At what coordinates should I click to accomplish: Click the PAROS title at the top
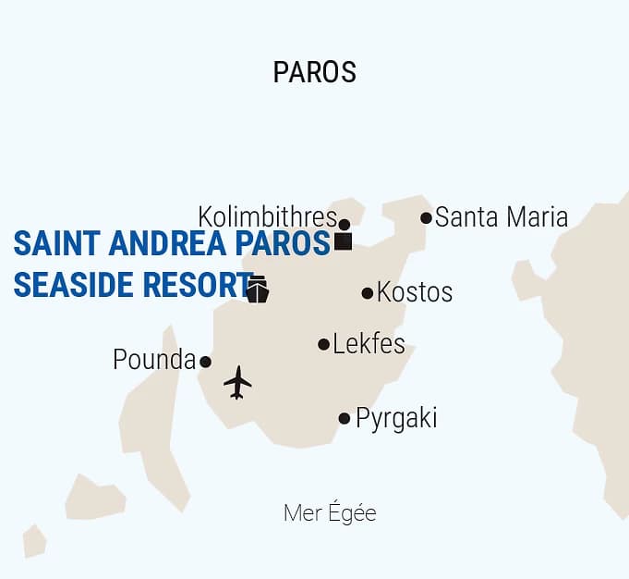pyautogui.click(x=314, y=72)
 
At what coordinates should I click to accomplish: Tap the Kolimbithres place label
pyautogui.click(x=267, y=217)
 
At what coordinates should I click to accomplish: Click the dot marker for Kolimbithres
pyautogui.click(x=345, y=224)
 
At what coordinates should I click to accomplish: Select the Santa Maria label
pyautogui.click(x=501, y=217)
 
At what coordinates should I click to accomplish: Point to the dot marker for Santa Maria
pyautogui.click(x=426, y=218)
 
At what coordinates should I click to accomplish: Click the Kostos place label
pyautogui.click(x=415, y=292)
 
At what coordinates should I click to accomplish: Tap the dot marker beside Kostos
pyautogui.click(x=368, y=293)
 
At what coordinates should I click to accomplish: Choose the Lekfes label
pyautogui.click(x=369, y=344)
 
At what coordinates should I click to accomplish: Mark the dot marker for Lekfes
pyautogui.click(x=323, y=344)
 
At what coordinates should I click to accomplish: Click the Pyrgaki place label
pyautogui.click(x=396, y=418)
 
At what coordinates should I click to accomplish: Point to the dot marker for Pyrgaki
pyautogui.click(x=345, y=418)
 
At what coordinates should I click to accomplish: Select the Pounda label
pyautogui.click(x=154, y=360)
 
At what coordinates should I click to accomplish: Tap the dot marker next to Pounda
pyautogui.click(x=205, y=362)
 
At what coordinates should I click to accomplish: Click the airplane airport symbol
pyautogui.click(x=237, y=382)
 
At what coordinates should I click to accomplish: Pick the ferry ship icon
pyautogui.click(x=257, y=289)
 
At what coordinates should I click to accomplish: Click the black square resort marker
pyautogui.click(x=344, y=241)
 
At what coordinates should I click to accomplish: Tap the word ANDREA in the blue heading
pyautogui.click(x=168, y=244)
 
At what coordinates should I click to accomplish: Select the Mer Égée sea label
pyautogui.click(x=330, y=513)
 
